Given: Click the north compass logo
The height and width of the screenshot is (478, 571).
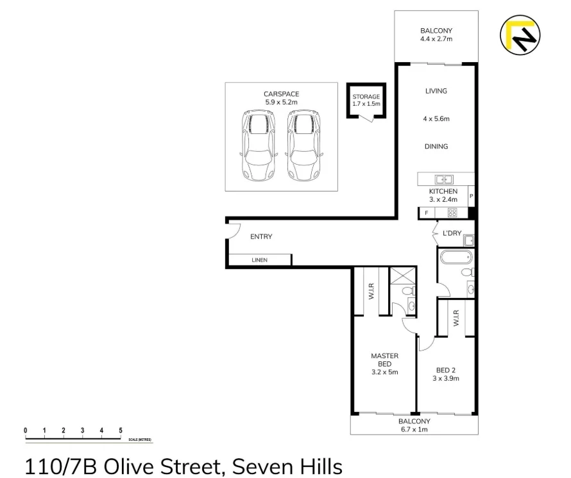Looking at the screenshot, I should pos(520,35).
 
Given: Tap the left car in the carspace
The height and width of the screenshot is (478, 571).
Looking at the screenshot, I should pos(257,145).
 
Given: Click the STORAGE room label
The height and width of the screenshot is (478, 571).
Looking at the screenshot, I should pos(366,97).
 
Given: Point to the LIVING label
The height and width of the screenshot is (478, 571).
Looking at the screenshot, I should pos(436,91).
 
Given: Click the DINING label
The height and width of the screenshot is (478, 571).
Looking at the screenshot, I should pos(436,147).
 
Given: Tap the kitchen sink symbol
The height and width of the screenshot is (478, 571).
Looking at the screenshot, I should pos(443,179).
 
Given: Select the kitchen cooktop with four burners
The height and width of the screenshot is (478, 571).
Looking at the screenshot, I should pos(452,213).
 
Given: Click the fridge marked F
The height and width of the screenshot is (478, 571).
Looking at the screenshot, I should pos(426,213).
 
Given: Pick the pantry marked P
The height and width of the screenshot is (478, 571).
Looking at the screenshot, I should pos(472,197).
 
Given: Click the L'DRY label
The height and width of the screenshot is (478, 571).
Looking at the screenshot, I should pos(452,233).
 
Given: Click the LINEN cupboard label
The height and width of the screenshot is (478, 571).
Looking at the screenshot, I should pos(260,260).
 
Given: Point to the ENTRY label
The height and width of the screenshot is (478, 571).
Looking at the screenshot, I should pos(261,236).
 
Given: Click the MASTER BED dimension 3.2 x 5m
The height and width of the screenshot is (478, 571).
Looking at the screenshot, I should pos(385,372).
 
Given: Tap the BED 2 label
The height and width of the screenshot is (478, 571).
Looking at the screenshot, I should pos(446,370).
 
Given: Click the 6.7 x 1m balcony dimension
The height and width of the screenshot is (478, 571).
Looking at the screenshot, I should pos(414,429).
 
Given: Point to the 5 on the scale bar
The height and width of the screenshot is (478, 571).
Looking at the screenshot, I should pos(121,430).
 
